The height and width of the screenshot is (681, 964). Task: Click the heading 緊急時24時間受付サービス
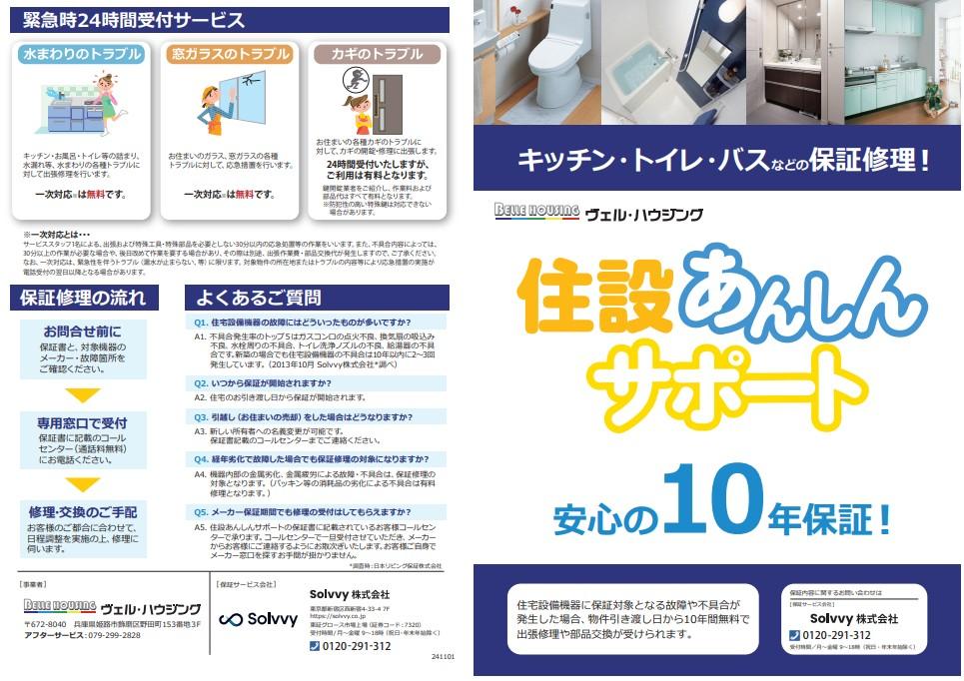(134, 19)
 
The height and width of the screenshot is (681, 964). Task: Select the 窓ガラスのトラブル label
(231, 54)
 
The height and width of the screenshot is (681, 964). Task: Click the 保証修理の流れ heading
(84, 297)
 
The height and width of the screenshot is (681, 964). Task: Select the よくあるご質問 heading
(259, 297)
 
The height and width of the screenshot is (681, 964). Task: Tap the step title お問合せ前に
(82, 332)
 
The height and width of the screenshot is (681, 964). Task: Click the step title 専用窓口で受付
(82, 422)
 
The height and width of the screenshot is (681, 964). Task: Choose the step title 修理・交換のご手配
(82, 512)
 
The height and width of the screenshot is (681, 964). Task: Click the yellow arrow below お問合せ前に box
(82, 393)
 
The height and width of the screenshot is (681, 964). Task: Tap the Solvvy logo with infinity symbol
(245, 619)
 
